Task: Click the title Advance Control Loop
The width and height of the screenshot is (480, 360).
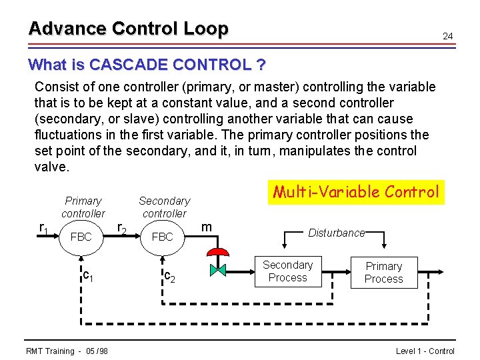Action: click(128, 29)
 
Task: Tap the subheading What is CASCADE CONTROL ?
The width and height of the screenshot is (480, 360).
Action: click(147, 65)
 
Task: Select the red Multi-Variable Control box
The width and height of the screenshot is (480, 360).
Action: click(355, 193)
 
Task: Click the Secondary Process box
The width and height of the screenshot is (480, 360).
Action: click(287, 271)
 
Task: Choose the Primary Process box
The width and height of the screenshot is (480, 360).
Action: click(384, 273)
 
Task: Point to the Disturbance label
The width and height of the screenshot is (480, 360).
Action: click(336, 233)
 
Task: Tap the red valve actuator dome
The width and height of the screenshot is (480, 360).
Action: click(218, 253)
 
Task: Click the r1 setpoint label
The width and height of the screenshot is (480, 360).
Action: click(44, 228)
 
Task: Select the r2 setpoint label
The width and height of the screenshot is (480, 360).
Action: click(122, 228)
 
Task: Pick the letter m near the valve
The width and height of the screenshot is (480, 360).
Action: click(207, 227)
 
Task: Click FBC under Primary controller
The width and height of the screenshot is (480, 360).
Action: click(81, 237)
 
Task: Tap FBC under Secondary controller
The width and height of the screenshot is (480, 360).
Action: click(162, 237)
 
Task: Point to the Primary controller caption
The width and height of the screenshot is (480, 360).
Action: click(83, 207)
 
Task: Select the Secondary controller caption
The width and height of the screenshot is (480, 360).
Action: click(164, 207)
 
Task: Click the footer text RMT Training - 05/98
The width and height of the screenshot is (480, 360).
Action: click(67, 351)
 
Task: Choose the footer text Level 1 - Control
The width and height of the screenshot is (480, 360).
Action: click(425, 351)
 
